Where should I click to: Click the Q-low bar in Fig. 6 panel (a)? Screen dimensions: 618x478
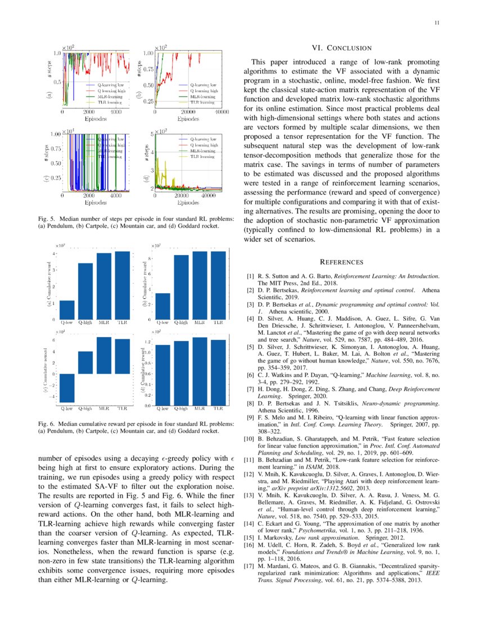pyautogui.click(x=67, y=310)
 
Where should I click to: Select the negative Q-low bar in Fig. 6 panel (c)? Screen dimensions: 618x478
pyautogui.click(x=67, y=388)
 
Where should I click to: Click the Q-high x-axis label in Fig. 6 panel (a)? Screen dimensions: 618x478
pyautogui.click(x=85, y=323)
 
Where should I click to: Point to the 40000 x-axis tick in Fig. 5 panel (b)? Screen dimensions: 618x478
pyautogui.click(x=222, y=112)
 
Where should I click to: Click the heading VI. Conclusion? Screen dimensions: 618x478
pyautogui.click(x=341, y=48)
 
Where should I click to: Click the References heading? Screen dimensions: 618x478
pyautogui.click(x=341, y=262)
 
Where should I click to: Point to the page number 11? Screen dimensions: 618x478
pyautogui.click(x=437, y=23)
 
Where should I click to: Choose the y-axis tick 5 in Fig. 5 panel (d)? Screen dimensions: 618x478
pyautogui.click(x=151, y=134)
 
